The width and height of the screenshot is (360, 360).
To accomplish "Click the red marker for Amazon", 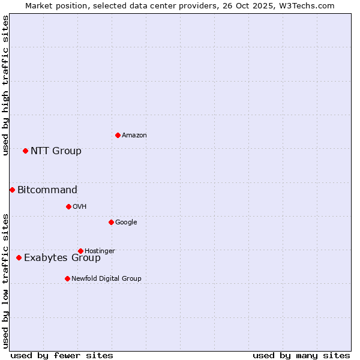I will (118, 135).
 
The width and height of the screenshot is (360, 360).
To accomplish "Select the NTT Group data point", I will (25, 151).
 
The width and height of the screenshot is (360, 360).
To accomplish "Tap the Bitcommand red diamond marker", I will (12, 190).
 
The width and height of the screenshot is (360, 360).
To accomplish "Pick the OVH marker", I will (68, 206).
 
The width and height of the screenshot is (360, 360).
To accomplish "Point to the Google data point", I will (111, 222).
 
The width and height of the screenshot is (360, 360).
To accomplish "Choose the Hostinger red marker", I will (80, 251).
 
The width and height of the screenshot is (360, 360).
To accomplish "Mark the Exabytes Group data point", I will (19, 257).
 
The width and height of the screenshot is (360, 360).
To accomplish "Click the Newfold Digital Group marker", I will (67, 278).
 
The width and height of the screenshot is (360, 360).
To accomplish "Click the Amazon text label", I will (134, 136).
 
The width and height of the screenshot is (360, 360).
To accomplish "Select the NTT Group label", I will (56, 151).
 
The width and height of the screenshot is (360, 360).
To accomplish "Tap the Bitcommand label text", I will (47, 190).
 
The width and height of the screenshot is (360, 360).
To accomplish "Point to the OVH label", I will (80, 207).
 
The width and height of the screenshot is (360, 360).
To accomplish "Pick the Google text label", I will (126, 223).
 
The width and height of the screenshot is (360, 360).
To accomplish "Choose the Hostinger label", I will (100, 251).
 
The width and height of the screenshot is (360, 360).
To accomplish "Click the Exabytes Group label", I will (62, 258).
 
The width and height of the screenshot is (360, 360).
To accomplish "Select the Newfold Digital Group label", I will (106, 278).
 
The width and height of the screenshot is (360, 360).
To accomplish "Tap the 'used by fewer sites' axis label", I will (62, 355).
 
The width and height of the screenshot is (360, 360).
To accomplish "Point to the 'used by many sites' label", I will (301, 355).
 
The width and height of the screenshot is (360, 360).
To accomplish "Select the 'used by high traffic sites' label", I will (5, 85).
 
